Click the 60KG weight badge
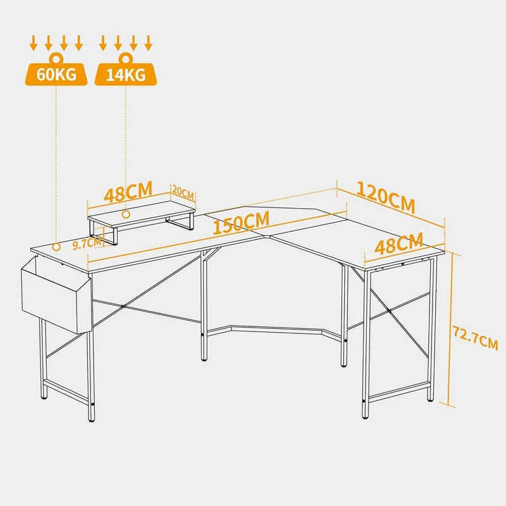point(56,74)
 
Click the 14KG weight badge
point(125,74)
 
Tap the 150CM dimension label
point(241,223)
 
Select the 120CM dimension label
point(386,197)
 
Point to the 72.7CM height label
point(476,338)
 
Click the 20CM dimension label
point(183,192)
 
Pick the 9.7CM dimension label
point(87,243)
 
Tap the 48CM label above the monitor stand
point(128,192)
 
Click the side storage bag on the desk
point(56,294)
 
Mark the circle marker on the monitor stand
point(126,214)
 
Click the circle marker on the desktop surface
point(56,247)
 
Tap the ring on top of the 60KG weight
point(56,58)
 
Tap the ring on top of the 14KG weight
point(125,58)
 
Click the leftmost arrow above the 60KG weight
point(33,43)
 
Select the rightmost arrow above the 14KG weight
point(149,43)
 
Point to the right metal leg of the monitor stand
point(180,223)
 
